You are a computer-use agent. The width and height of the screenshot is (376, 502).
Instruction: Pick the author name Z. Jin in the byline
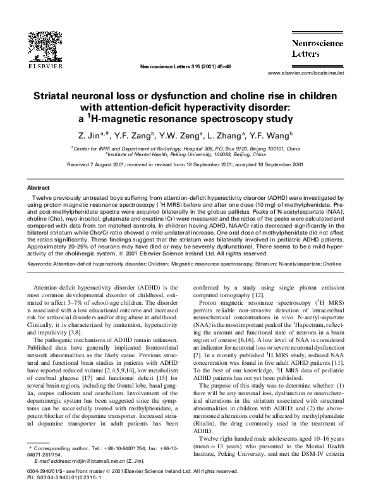pyautogui.click(x=92, y=135)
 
